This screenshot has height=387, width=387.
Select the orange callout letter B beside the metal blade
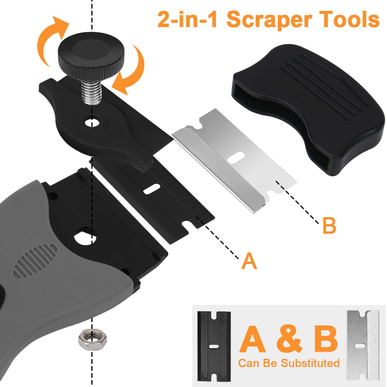[x=329, y=225]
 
